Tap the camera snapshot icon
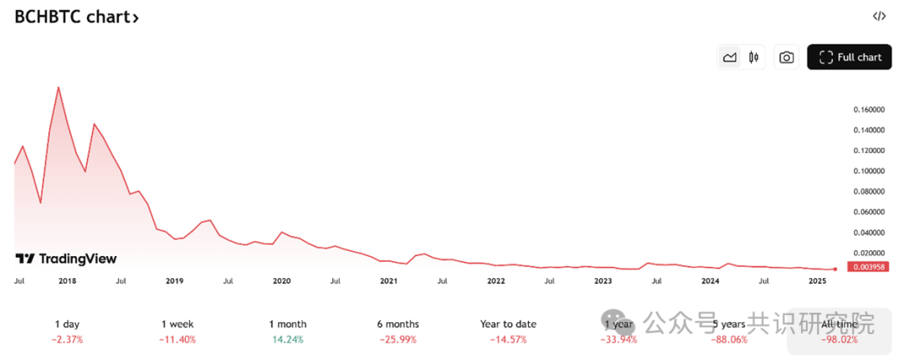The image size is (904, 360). click(x=786, y=57)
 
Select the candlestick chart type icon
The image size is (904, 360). click(x=754, y=57)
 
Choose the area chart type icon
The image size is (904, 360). click(x=730, y=57)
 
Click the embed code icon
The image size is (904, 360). click(x=878, y=16)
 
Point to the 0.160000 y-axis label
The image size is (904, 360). click(x=869, y=110)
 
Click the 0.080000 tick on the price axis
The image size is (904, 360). click(x=869, y=191)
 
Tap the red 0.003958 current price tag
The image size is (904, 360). click(x=868, y=267)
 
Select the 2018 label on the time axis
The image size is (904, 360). click(x=68, y=281)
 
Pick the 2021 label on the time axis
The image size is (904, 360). click(x=388, y=281)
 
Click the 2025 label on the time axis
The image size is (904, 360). click(x=817, y=281)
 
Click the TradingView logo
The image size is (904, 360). click(x=67, y=259)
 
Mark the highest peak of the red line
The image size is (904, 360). click(x=58, y=87)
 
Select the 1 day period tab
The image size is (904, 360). click(x=68, y=324)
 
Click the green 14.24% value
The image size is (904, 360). click(x=287, y=340)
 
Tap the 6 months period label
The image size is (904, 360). click(x=398, y=324)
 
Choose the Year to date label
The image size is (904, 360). click(x=508, y=324)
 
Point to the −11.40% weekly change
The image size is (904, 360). click(x=177, y=340)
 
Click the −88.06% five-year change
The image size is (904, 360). click(x=728, y=340)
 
